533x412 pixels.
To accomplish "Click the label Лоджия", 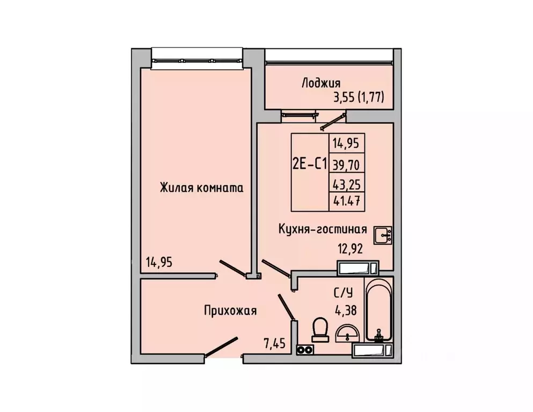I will coord(321,83).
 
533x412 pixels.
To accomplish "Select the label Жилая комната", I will coord(201,188).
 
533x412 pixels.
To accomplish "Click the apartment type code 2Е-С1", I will coord(309,164).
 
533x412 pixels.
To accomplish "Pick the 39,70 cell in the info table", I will coord(347,164).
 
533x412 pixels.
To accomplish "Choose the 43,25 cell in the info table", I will coord(347,184).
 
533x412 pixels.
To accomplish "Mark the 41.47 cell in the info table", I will coord(347,203).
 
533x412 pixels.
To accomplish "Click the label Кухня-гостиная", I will coord(322,229).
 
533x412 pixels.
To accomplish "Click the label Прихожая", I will coord(230,310).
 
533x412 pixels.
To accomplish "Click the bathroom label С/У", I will coord(344,293).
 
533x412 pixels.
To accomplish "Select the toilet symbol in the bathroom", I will coord(320,329).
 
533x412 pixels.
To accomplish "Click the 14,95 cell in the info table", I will coord(347,143).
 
